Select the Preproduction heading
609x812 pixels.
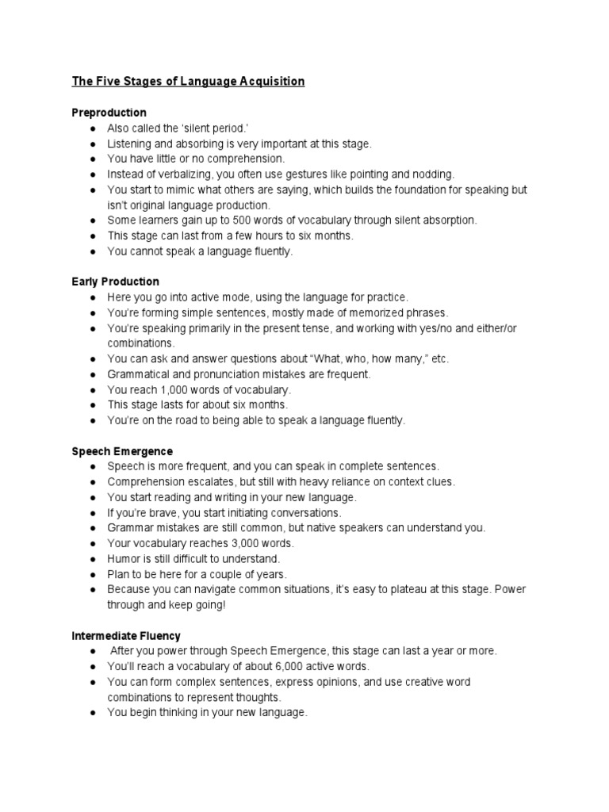[109, 113]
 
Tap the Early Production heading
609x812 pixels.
[116, 282]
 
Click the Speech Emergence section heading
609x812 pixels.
[122, 451]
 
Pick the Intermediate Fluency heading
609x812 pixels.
[127, 636]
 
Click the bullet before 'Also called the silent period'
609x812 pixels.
[93, 128]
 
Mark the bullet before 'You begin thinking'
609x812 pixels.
[93, 713]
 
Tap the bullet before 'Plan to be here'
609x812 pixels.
[93, 574]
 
